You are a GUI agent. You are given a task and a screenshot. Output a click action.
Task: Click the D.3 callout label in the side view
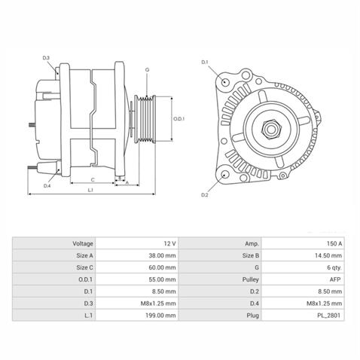[x=46, y=57]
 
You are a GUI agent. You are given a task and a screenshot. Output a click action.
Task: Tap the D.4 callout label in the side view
[x=47, y=185]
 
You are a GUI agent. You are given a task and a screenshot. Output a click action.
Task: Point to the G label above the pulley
[x=147, y=69]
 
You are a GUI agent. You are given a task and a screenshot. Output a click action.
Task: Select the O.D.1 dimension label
[x=179, y=118]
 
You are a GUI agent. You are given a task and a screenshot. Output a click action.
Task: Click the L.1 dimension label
[x=90, y=190]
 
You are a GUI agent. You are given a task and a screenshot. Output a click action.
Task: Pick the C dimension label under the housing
[x=92, y=179]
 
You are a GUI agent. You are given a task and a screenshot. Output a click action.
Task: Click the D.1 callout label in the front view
[x=204, y=61]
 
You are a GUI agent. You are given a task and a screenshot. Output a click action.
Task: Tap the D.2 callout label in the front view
[x=204, y=195]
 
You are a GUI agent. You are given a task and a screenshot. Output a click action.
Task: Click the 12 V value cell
[x=169, y=244]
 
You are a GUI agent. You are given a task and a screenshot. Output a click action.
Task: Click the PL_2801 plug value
[x=329, y=316]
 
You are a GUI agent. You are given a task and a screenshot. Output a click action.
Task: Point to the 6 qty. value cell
[x=332, y=268]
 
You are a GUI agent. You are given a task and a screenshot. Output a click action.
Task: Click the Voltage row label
[x=83, y=244]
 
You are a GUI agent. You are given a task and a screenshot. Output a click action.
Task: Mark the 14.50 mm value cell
[x=328, y=256]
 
